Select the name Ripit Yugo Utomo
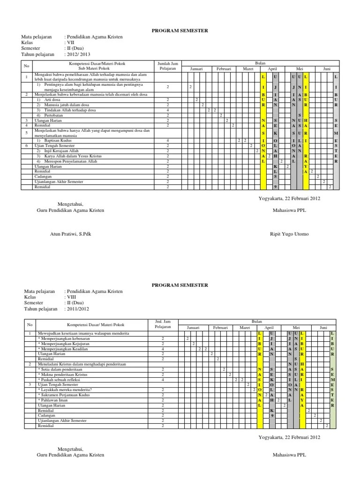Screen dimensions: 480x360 (x=290, y=234)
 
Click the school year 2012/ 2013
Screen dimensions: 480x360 (x=77, y=54)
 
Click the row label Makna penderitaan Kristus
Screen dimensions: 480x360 (x=63, y=375)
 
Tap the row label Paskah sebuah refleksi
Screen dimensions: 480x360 (x=61, y=380)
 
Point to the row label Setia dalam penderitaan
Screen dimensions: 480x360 (x=61, y=369)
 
